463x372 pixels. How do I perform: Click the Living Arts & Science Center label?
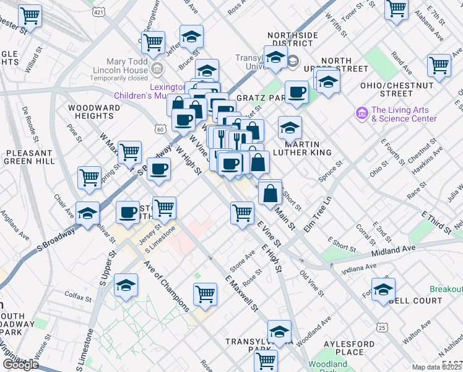(x=404, y=115)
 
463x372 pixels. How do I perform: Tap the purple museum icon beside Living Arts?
(x=361, y=113)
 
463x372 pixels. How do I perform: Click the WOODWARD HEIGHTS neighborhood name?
(x=94, y=112)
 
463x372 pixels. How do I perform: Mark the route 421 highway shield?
(x=98, y=12)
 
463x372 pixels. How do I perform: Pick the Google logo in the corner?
(x=20, y=365)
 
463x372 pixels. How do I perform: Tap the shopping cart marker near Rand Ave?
(x=439, y=65)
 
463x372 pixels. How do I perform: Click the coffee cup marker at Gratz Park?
(x=296, y=92)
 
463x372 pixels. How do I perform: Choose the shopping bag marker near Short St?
(x=270, y=193)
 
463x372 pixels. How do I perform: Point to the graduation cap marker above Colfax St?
(x=126, y=285)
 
